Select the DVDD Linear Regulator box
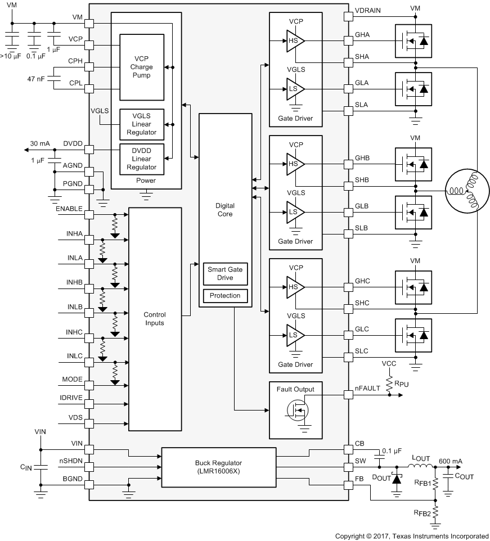click(141, 159)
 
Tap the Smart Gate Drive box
click(225, 274)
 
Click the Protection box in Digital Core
click(225, 296)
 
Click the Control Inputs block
click(155, 319)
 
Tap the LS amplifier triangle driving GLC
click(294, 335)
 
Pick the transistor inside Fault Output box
click(298, 410)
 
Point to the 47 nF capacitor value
click(36, 78)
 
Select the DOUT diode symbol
click(398, 478)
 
